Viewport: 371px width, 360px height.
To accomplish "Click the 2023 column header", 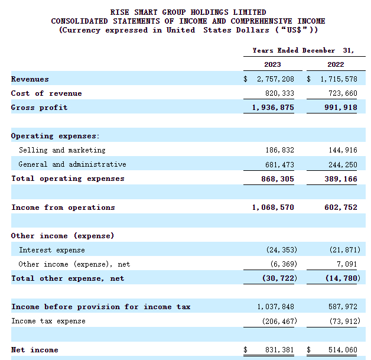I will tap(272, 64).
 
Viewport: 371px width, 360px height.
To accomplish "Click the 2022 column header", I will tap(335, 64).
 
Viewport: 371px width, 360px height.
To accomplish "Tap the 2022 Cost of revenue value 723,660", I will tap(340, 93).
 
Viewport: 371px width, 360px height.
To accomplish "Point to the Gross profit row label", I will tap(39, 108).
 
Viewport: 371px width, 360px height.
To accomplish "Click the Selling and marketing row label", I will tap(62, 150).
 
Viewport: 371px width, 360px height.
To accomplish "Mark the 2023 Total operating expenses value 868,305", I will tap(275, 179).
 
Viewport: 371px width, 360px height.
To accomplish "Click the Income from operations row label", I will tap(63, 207).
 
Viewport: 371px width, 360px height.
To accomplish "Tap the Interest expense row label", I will tap(52, 250).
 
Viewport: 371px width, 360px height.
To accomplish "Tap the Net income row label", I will tap(34, 350).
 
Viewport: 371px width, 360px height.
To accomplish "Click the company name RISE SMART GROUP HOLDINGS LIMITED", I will tap(188, 12).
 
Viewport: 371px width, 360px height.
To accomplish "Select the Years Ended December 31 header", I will tap(303, 51).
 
